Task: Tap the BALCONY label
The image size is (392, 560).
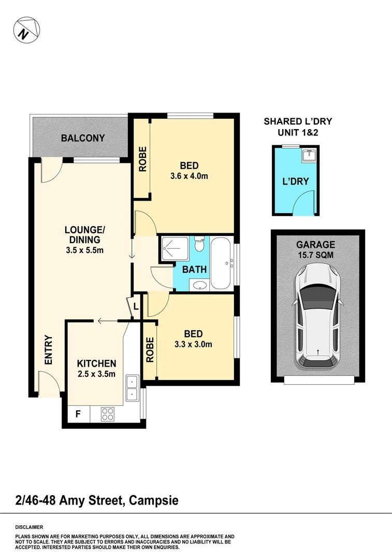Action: pyautogui.click(x=83, y=138)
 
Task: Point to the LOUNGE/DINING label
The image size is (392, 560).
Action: pyautogui.click(x=88, y=240)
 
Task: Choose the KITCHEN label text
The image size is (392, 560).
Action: pyautogui.click(x=96, y=363)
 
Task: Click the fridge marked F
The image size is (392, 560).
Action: pyautogui.click(x=78, y=414)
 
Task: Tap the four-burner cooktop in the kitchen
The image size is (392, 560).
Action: pyautogui.click(x=108, y=414)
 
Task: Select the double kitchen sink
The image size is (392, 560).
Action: pyautogui.click(x=132, y=388)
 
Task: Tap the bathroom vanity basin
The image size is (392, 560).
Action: pyautogui.click(x=199, y=285)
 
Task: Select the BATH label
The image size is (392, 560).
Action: pyautogui.click(x=195, y=270)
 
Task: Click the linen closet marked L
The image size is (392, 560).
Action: pyautogui.click(x=135, y=306)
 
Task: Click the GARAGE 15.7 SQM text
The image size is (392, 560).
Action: pyautogui.click(x=316, y=249)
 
